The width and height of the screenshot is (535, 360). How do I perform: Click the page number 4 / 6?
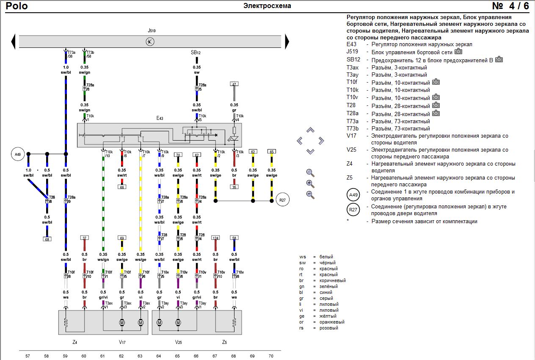point(510,6)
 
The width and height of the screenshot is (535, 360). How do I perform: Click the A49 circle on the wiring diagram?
point(17,154)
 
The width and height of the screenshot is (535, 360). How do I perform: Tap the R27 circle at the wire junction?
point(282,200)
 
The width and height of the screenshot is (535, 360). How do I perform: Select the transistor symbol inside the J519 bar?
point(150,42)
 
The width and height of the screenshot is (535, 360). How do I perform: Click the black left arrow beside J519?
point(13,42)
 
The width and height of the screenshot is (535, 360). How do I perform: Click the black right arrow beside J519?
point(287,42)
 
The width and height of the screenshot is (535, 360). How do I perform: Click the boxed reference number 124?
point(215,238)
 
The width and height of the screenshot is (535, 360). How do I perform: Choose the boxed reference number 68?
point(47,239)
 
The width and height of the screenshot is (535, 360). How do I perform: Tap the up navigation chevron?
point(311,130)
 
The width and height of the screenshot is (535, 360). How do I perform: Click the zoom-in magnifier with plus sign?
point(310,184)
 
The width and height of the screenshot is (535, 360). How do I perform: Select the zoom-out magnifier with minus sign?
point(310,195)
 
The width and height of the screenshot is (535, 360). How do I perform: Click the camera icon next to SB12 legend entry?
point(499,59)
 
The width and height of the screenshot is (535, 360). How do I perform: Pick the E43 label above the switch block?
point(160,118)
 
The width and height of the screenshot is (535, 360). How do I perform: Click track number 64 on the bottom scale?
point(158,356)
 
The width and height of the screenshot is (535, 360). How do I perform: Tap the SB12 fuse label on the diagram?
point(196,53)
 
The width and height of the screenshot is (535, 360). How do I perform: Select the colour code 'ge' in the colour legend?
point(302,316)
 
